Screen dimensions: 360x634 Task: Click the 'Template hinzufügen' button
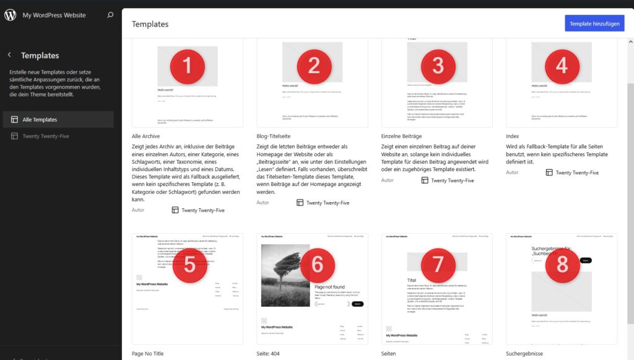click(594, 24)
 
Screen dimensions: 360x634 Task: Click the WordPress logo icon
click(11, 15)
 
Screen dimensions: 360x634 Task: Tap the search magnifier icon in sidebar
click(110, 15)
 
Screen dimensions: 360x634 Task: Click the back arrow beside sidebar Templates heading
click(9, 55)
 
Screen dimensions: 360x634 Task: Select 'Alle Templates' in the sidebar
click(40, 120)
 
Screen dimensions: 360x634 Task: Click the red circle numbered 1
click(188, 66)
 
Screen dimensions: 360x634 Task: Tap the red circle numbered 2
click(314, 66)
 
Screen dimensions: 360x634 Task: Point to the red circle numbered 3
click(438, 65)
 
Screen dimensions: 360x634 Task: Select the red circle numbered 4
click(562, 65)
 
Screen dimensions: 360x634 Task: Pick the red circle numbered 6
click(318, 265)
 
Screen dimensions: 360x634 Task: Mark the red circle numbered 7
click(438, 265)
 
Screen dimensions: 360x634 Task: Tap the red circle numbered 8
click(562, 265)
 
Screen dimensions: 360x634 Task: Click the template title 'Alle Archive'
click(146, 136)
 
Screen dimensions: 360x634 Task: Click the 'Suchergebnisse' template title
click(524, 354)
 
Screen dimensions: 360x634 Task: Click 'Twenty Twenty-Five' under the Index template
click(576, 172)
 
